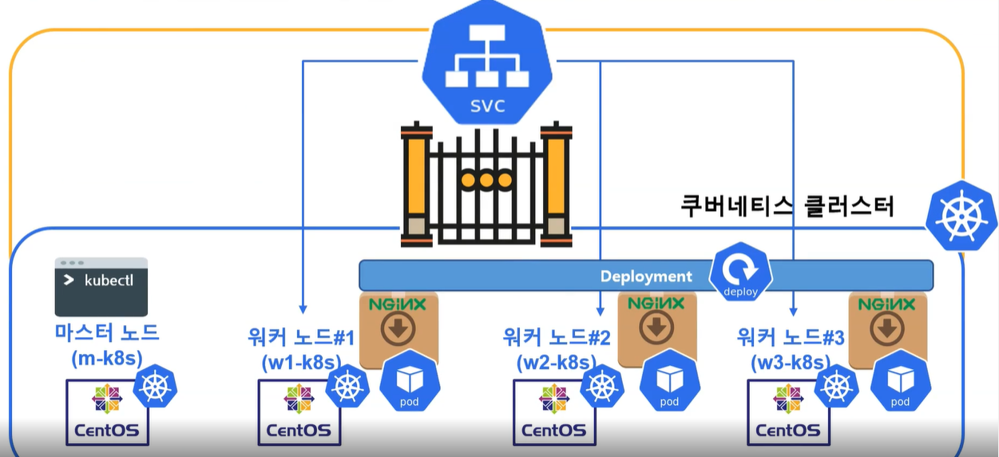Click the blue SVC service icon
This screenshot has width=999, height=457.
[487, 64]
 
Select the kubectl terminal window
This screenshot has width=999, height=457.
[101, 287]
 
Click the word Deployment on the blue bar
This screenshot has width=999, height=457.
[646, 276]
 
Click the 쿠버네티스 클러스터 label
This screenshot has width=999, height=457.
[787, 206]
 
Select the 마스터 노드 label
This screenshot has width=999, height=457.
[106, 333]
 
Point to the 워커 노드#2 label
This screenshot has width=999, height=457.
[557, 336]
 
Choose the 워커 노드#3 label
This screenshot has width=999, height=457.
[790, 336]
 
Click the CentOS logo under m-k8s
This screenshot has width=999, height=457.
[106, 412]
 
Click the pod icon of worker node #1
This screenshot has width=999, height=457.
[410, 383]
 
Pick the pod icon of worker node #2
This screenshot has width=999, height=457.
[670, 383]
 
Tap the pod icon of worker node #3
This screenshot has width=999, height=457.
[900, 383]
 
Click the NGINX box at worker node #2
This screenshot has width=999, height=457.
[656, 328]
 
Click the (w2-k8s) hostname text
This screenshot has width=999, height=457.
[557, 362]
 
